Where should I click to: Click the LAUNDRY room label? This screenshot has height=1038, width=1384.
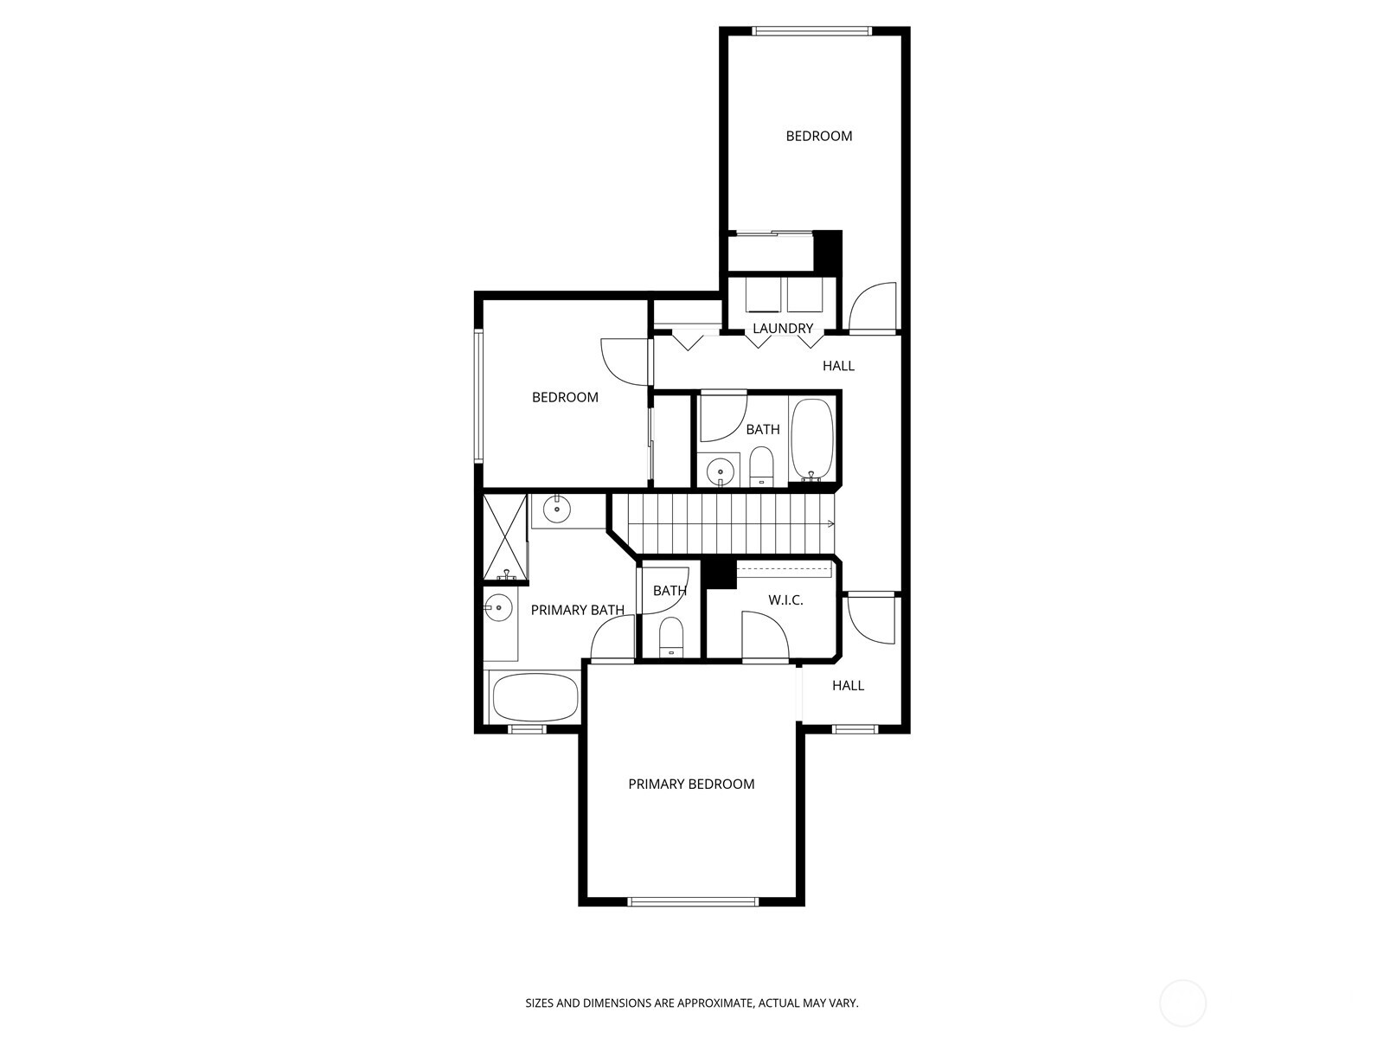click(x=783, y=329)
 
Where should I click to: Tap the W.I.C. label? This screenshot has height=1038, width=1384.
click(x=785, y=600)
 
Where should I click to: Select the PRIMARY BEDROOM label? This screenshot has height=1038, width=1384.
click(x=691, y=785)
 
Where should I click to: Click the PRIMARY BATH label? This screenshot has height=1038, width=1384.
click(x=577, y=611)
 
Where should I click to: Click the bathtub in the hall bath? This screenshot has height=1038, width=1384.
click(x=811, y=439)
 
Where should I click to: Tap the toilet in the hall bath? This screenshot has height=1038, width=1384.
click(x=761, y=467)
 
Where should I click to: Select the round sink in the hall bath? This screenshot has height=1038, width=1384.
click(x=720, y=471)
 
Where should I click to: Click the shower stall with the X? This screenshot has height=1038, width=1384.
click(x=505, y=536)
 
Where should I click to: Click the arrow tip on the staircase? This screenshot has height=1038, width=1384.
click(x=832, y=523)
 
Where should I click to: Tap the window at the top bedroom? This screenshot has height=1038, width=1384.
click(x=811, y=32)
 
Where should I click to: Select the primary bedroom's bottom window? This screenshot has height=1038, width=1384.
click(x=692, y=901)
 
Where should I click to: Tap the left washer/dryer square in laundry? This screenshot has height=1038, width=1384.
click(x=763, y=295)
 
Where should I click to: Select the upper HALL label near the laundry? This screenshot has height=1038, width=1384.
click(x=838, y=366)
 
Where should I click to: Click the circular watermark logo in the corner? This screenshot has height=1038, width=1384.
click(x=1182, y=1004)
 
